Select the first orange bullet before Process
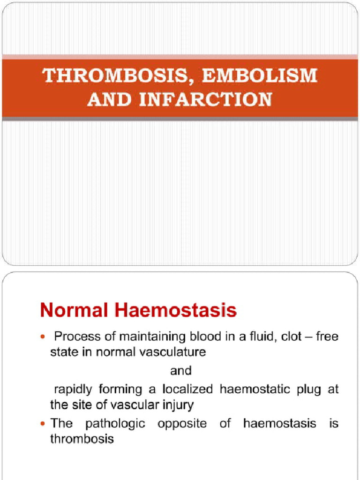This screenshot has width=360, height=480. [44, 337]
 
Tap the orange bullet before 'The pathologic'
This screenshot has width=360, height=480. [44, 424]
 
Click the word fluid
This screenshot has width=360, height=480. [258, 337]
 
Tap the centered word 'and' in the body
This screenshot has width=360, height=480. [180, 371]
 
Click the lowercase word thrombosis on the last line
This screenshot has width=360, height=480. [82, 439]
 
